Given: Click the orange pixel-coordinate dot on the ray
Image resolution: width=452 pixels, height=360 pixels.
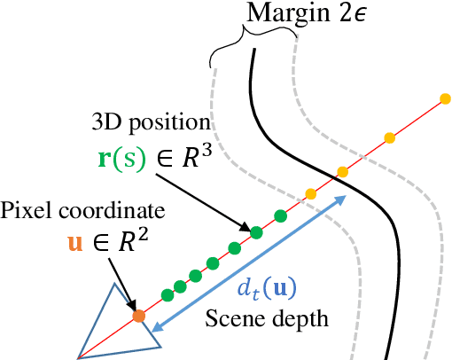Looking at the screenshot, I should (x=138, y=315).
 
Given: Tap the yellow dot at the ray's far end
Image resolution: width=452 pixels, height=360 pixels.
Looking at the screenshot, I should (x=445, y=98).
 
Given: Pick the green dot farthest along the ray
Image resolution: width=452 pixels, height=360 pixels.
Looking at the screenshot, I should (x=281, y=215).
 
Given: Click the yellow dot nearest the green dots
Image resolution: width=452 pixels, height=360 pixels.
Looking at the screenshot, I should (x=309, y=193).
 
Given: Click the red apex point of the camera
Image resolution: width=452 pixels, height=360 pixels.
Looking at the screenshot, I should (x=79, y=356).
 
